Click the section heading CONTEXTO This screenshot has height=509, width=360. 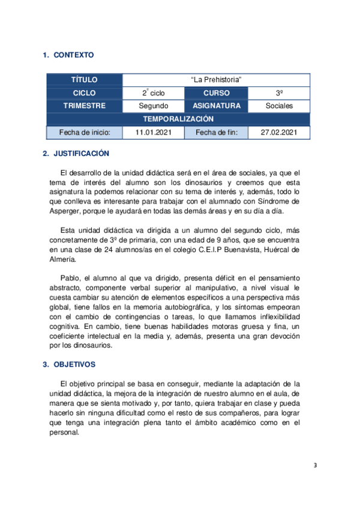point(74,55)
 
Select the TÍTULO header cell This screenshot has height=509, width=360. point(84,80)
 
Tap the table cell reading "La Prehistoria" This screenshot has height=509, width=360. point(216,80)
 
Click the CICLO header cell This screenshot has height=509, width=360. point(84,93)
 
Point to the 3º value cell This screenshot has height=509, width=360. point(279,93)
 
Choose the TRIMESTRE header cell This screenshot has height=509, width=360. point(84,106)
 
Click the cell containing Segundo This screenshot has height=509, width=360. point(154,106)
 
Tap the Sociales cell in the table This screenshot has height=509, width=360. point(279,106)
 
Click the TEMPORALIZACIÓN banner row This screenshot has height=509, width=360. point(178,119)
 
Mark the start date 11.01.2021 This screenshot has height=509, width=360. point(154,133)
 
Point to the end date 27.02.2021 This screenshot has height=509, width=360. point(279,133)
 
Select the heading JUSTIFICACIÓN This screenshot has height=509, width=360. point(81,154)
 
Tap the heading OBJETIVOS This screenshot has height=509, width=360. point(75,364)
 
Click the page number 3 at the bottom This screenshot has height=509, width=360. point(317,465)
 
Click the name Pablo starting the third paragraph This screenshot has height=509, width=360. point(71,278)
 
